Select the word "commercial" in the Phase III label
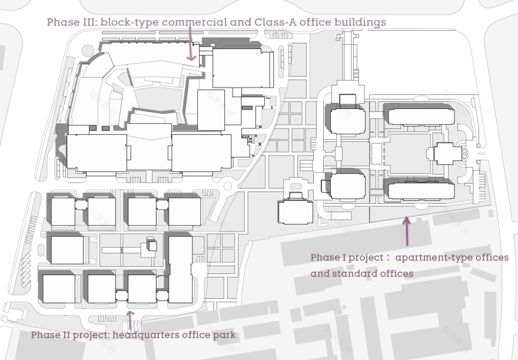click(x=194, y=22)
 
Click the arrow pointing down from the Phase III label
click(x=191, y=44)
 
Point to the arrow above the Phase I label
click(x=407, y=231)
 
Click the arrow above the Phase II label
click(x=131, y=320)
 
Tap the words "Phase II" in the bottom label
click(x=51, y=335)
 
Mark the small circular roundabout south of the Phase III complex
click(x=228, y=186)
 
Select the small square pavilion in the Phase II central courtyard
click(x=152, y=246)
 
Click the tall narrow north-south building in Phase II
click(x=180, y=269)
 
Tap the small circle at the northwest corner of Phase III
click(x=88, y=51)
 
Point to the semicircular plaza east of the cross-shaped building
click(x=464, y=153)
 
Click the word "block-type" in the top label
click(x=129, y=22)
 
